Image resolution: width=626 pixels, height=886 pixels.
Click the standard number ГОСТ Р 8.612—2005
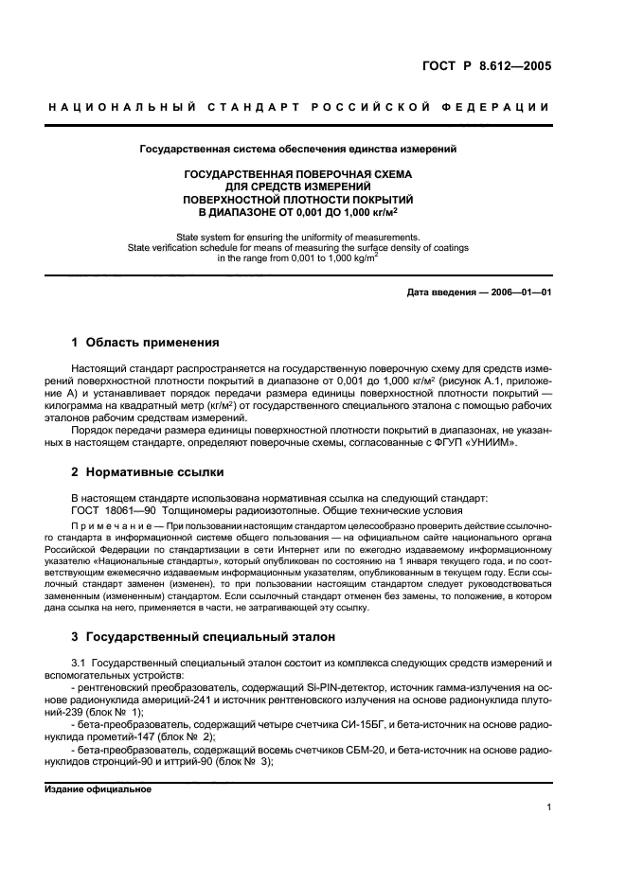coord(487,66)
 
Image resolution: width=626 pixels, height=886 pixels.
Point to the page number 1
coord(548,807)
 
